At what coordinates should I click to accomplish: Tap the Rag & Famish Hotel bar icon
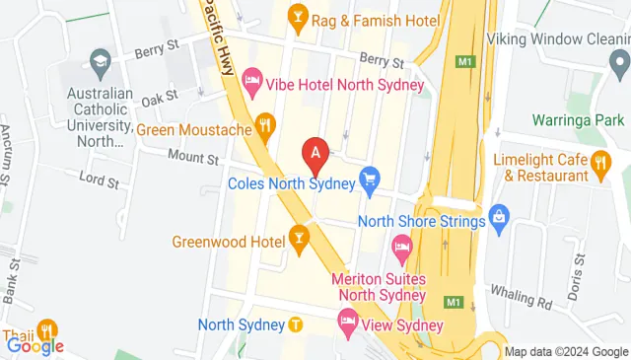[x=297, y=16]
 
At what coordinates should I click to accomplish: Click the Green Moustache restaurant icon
[x=264, y=125]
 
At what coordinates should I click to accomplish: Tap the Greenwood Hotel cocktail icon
[x=299, y=238]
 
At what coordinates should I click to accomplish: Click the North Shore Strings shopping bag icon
[x=499, y=215]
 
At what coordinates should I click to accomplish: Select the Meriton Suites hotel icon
[x=402, y=245]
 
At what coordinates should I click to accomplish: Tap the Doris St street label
[x=574, y=262]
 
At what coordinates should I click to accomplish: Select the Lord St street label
[x=99, y=182]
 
